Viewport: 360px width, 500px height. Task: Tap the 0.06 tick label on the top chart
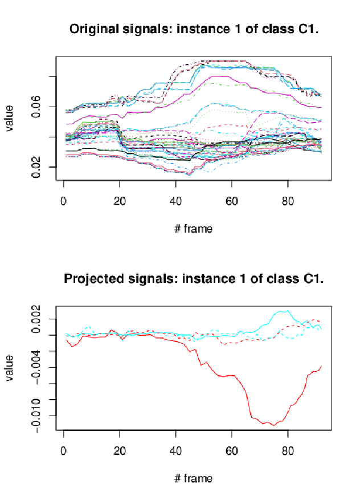point(36,107)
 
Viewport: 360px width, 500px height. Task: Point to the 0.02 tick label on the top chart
point(36,167)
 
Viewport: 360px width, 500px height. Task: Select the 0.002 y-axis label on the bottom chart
point(36,319)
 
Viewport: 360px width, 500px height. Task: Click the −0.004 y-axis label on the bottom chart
point(36,367)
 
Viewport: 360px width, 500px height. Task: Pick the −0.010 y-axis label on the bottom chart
point(36,416)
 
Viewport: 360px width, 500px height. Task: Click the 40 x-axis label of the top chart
point(175,201)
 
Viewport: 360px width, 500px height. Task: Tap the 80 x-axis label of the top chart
point(288,201)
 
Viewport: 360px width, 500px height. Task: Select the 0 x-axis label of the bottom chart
point(63,451)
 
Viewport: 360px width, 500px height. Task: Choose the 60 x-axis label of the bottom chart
point(232,451)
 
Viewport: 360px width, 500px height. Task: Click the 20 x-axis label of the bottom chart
point(120,451)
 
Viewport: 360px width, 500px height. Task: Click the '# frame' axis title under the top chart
point(193,229)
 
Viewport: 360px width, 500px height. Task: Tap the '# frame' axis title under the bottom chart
point(193,479)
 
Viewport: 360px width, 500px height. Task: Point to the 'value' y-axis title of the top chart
point(9,119)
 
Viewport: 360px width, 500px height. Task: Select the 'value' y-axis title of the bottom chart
point(9,368)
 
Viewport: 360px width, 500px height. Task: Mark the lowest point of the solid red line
point(273,425)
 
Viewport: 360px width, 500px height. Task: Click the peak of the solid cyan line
point(288,310)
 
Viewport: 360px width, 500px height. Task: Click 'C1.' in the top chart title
point(308,29)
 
